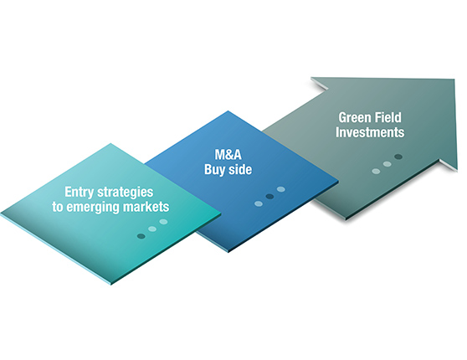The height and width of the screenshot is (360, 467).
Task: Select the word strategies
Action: (x=126, y=193)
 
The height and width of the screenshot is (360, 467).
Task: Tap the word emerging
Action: (x=93, y=208)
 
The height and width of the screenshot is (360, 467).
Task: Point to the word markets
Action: (x=146, y=207)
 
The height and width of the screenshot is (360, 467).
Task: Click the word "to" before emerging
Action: (x=58, y=207)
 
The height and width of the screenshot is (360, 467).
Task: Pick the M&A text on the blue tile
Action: (x=228, y=155)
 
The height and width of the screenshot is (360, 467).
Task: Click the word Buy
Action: (x=214, y=170)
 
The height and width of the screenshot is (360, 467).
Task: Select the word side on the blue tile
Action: (x=240, y=169)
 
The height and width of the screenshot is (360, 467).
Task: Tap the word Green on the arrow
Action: (x=353, y=118)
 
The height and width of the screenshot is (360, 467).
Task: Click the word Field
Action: (x=387, y=117)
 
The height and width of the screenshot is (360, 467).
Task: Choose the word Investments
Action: (x=370, y=132)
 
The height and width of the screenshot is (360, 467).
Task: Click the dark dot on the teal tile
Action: (x=141, y=236)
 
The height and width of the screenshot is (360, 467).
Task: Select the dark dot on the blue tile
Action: (x=269, y=197)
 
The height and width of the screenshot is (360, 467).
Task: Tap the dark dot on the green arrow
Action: (x=398, y=157)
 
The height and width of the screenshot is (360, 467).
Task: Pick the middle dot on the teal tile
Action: (x=152, y=229)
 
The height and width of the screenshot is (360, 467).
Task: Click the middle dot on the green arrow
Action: (x=387, y=164)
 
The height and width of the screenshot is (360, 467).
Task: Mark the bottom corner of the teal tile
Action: (x=110, y=284)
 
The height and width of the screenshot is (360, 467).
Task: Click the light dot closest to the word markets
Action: (x=163, y=222)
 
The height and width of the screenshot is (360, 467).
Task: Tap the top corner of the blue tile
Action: (x=228, y=111)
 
